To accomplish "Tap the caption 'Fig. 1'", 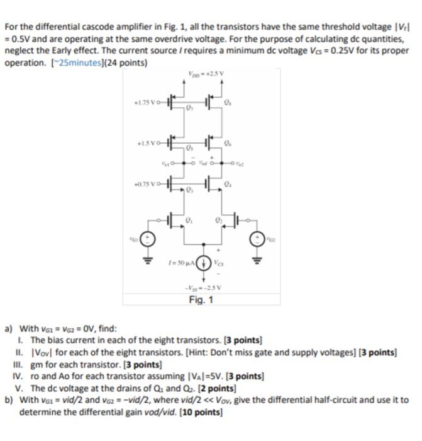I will (202, 299).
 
